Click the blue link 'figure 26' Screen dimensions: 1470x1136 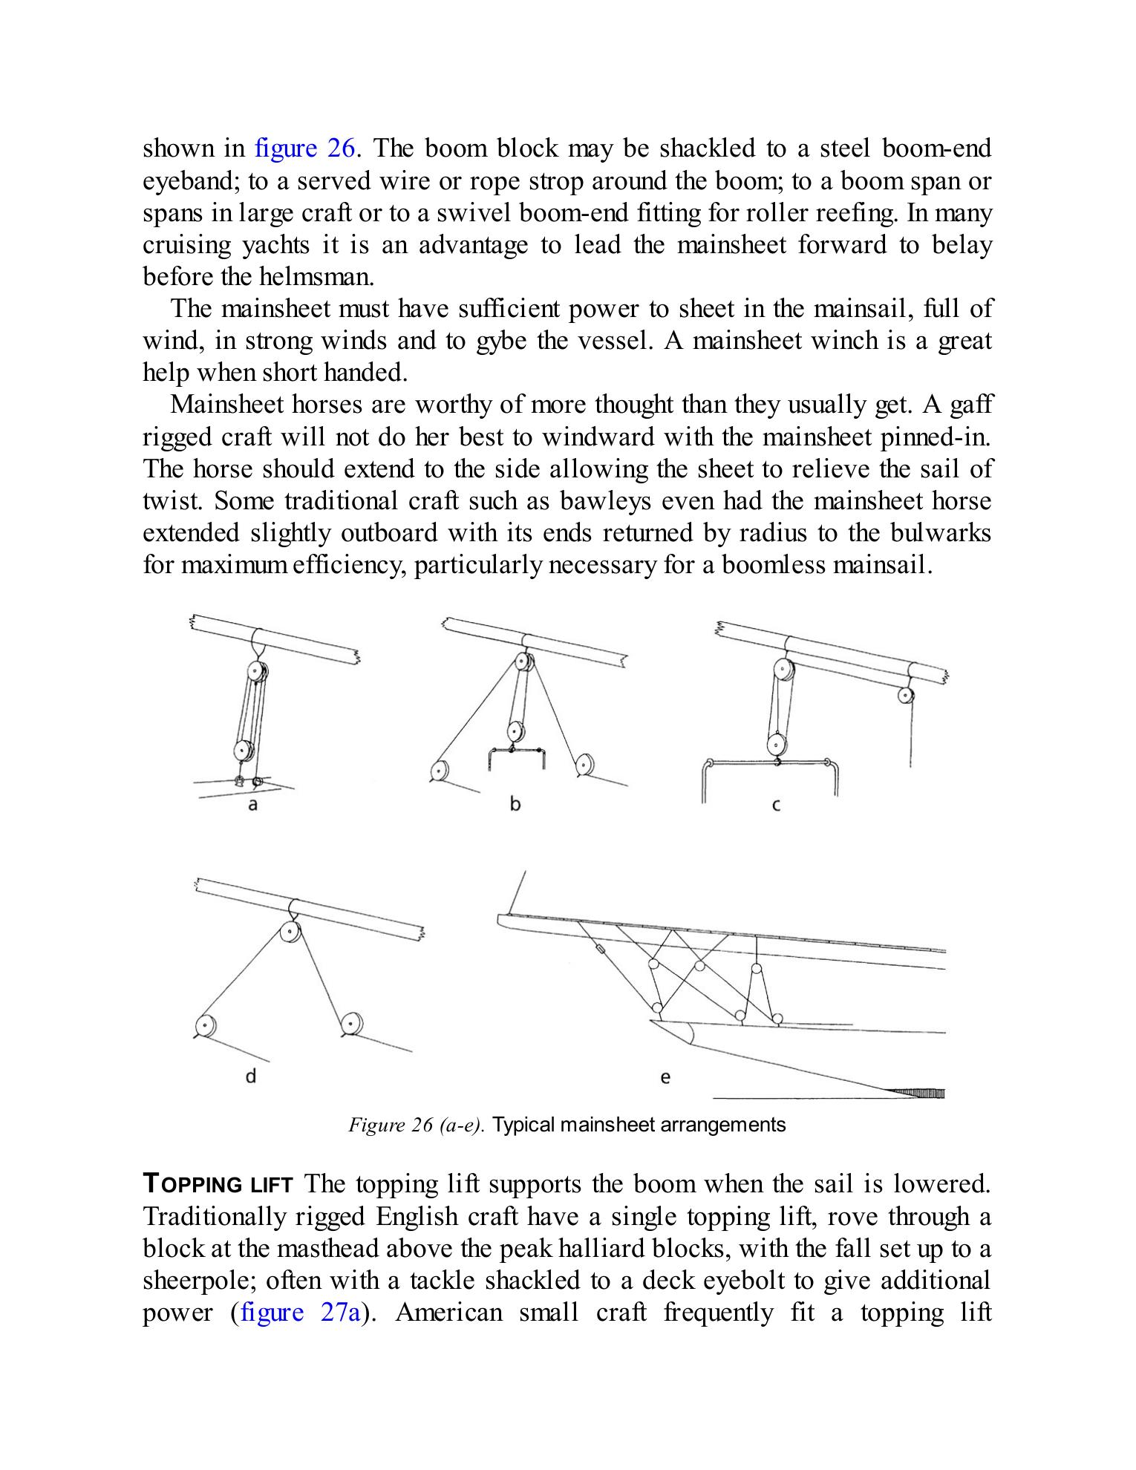point(307,149)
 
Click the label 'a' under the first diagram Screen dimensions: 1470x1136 point(252,805)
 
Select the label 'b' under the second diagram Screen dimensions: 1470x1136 point(515,804)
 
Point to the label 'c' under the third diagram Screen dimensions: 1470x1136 point(776,806)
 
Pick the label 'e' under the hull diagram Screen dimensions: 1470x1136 point(665,1077)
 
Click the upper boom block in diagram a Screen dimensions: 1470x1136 point(256,672)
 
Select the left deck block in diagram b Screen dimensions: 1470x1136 point(440,772)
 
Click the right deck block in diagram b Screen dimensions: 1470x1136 point(584,764)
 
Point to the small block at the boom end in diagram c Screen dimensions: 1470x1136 point(905,695)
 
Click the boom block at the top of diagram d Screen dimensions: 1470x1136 point(290,932)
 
